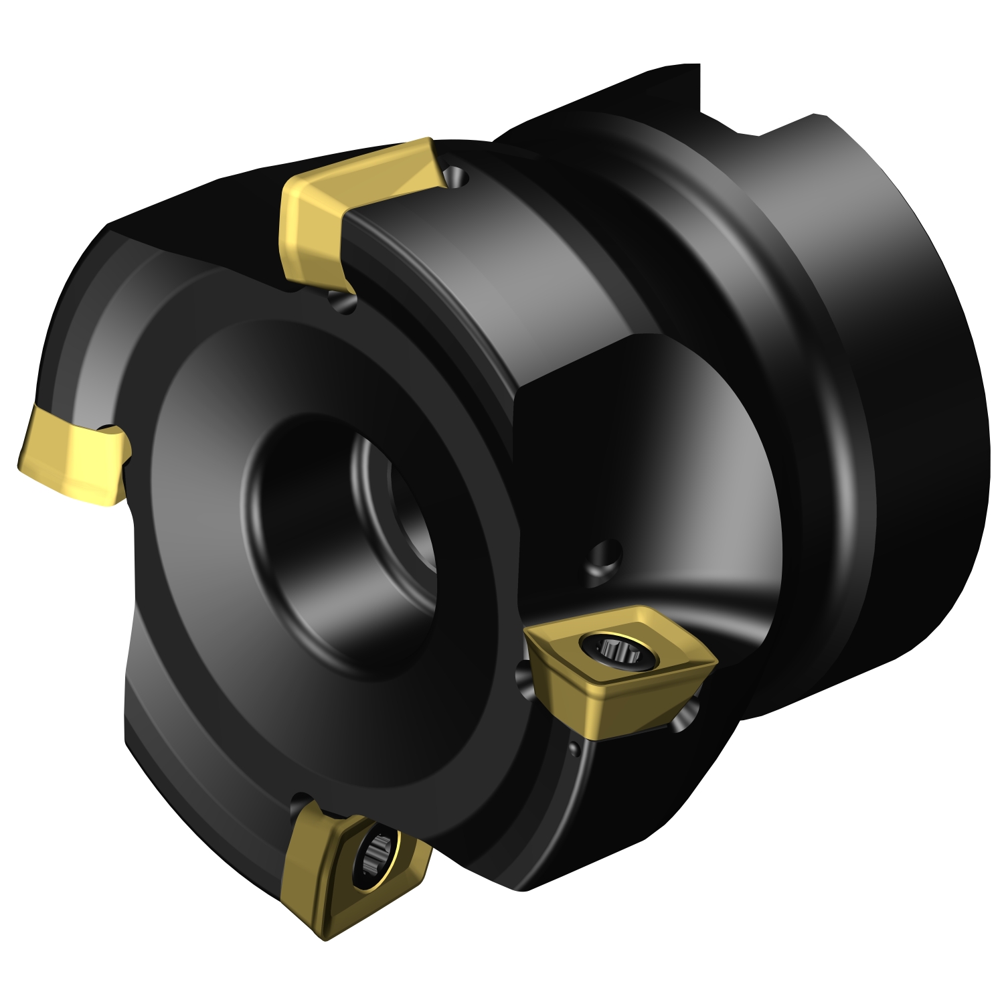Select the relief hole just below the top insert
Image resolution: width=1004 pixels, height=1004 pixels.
[342, 301]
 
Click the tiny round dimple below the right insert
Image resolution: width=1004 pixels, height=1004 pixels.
[574, 746]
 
